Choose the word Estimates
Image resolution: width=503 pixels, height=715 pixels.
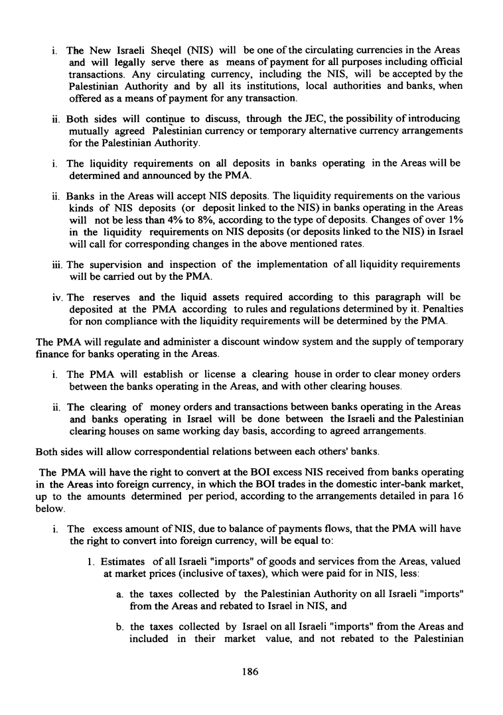tap(127, 561)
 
